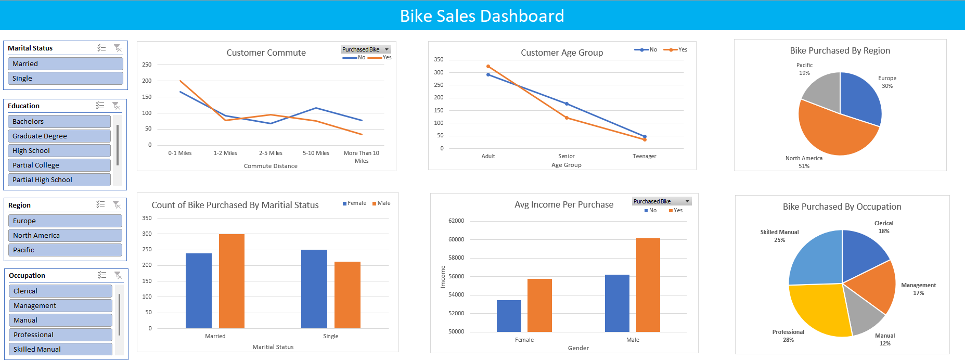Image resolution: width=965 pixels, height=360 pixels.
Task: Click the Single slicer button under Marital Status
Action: coord(65,78)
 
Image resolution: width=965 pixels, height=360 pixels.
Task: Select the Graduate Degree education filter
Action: coord(59,136)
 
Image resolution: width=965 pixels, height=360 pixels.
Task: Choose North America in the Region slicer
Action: coord(65,235)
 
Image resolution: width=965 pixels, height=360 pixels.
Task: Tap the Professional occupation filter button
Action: coord(60,335)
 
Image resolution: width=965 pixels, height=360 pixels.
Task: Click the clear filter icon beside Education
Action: coord(116,106)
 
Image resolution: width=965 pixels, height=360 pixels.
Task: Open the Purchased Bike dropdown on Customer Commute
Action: coord(387,49)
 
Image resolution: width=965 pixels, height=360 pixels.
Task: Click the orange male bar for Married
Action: coord(231,281)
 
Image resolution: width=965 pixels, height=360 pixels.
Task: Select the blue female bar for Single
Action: coord(314,289)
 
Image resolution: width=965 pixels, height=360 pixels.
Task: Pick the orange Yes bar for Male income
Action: coord(648,285)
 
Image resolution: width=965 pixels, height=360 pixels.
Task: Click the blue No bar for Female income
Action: coord(509,316)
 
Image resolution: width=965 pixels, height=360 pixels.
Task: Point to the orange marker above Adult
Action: coord(488,67)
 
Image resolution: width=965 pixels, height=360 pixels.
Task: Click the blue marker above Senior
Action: coord(567,104)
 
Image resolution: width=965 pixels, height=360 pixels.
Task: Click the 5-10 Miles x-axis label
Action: coord(316,153)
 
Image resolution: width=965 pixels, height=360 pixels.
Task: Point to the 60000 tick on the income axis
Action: coord(456,239)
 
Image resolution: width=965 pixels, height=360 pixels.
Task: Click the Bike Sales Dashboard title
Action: coord(482,16)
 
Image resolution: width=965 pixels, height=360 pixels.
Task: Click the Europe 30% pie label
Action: coord(887,82)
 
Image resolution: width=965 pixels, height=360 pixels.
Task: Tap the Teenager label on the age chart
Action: coord(644,156)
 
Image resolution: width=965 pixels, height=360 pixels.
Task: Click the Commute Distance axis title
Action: coord(271,166)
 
